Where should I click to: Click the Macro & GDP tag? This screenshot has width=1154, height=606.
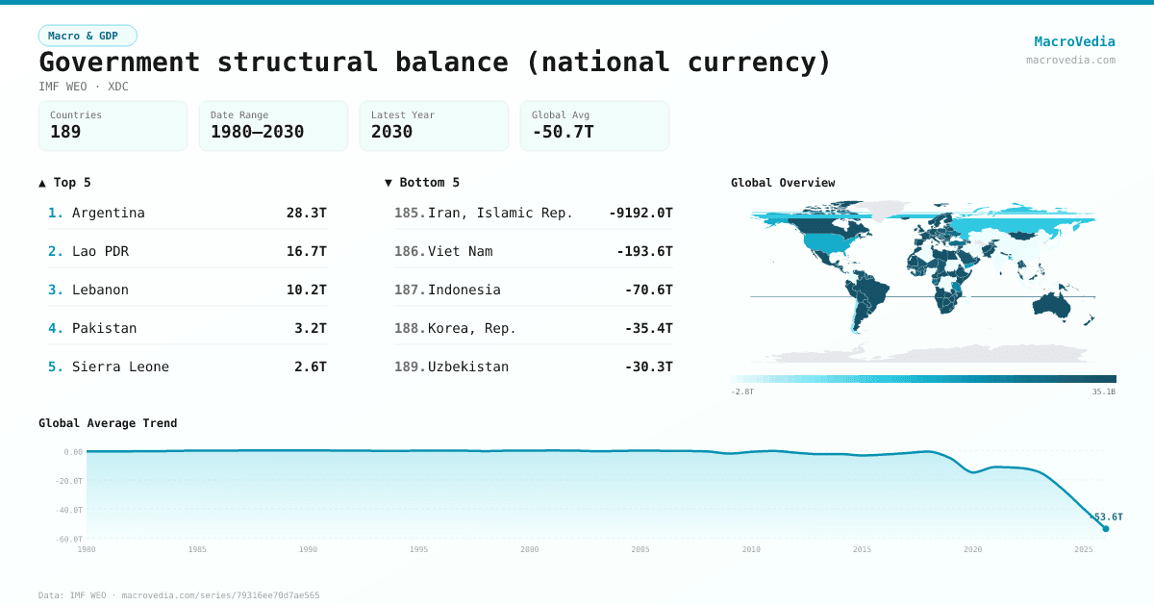click(88, 36)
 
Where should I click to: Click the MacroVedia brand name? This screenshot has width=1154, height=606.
click(1074, 41)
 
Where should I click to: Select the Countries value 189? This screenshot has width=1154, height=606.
click(65, 132)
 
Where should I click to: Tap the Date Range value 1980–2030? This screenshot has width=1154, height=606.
click(257, 132)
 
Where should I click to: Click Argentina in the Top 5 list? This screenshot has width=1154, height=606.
click(108, 213)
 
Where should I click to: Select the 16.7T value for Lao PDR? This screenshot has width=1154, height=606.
click(306, 251)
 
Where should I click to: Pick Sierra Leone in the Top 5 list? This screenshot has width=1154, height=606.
click(120, 366)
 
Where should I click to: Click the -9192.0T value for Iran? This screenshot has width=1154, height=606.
click(640, 213)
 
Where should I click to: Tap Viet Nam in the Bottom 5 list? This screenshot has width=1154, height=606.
click(460, 251)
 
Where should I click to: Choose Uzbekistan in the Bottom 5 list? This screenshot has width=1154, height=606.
click(467, 366)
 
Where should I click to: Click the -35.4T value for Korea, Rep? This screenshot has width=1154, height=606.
click(648, 328)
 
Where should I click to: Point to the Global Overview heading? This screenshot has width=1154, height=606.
click(782, 183)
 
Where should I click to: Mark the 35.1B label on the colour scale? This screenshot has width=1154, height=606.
click(1103, 391)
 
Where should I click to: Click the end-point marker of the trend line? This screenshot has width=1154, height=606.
click(1105, 528)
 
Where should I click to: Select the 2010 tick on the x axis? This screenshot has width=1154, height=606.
click(751, 549)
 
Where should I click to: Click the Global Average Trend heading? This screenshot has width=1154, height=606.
click(108, 423)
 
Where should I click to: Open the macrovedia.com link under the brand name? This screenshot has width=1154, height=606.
click(1070, 60)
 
